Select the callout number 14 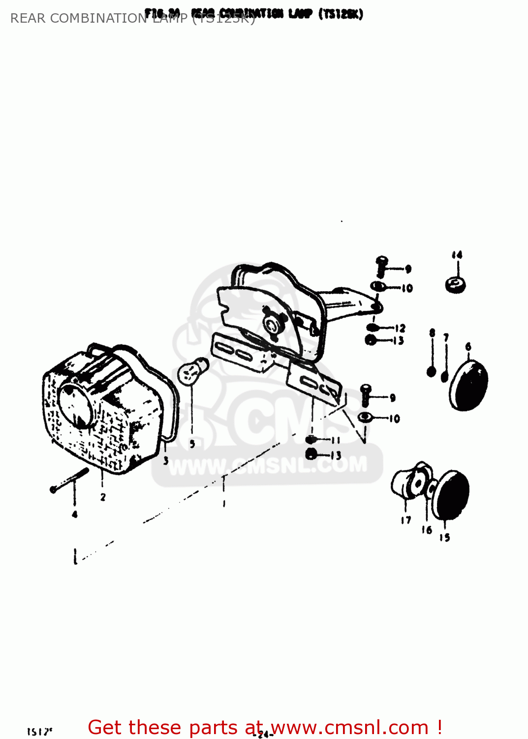point(457,255)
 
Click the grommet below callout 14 point(456,285)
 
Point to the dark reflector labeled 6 point(468,385)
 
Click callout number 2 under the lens point(103,497)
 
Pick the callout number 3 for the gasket point(166,461)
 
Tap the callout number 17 point(405,520)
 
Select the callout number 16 point(426,530)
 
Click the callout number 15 point(444,537)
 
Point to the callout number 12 point(400,328)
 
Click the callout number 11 point(336,440)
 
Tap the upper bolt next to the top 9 point(381,266)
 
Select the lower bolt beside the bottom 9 point(366,394)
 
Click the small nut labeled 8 point(432,371)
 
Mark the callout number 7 point(446,337)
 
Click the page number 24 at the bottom point(264,734)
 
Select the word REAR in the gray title point(28,18)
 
